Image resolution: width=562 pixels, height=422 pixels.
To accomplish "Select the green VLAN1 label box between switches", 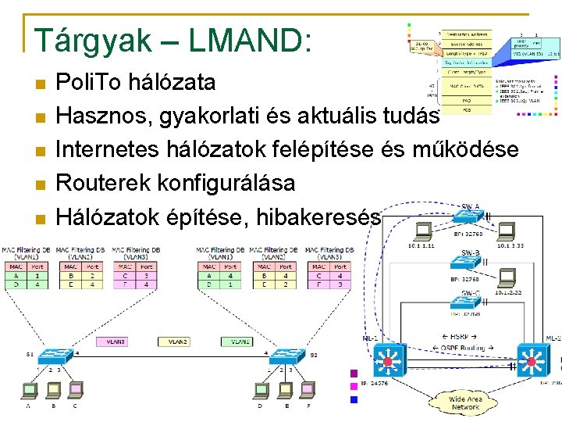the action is [237, 342].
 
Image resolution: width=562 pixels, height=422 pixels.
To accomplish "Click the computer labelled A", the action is [30, 388].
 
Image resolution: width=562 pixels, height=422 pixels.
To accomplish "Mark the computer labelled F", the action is [308, 388].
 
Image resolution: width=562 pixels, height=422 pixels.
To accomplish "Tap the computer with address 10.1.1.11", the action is [425, 231].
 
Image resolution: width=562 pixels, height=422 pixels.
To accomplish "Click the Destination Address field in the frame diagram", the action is [468, 34].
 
